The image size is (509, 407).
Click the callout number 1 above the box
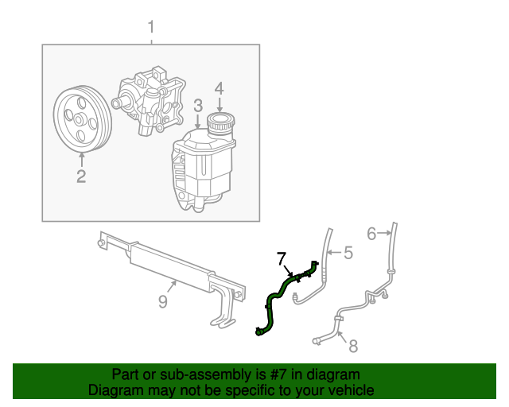click(151, 27)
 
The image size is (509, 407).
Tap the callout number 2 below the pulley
click(81, 176)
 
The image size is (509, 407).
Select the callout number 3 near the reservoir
click(198, 106)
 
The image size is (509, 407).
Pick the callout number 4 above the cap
click(220, 88)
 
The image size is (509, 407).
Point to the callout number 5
click(348, 253)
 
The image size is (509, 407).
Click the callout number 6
click(371, 234)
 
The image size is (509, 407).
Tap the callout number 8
click(353, 346)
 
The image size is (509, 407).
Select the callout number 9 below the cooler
click(162, 301)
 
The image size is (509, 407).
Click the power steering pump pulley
click(83, 119)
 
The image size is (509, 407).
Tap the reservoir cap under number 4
click(221, 122)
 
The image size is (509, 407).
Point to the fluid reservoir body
click(203, 169)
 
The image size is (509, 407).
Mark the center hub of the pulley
click(78, 120)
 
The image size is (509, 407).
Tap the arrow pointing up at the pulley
click(82, 161)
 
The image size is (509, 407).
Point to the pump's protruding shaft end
click(116, 103)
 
